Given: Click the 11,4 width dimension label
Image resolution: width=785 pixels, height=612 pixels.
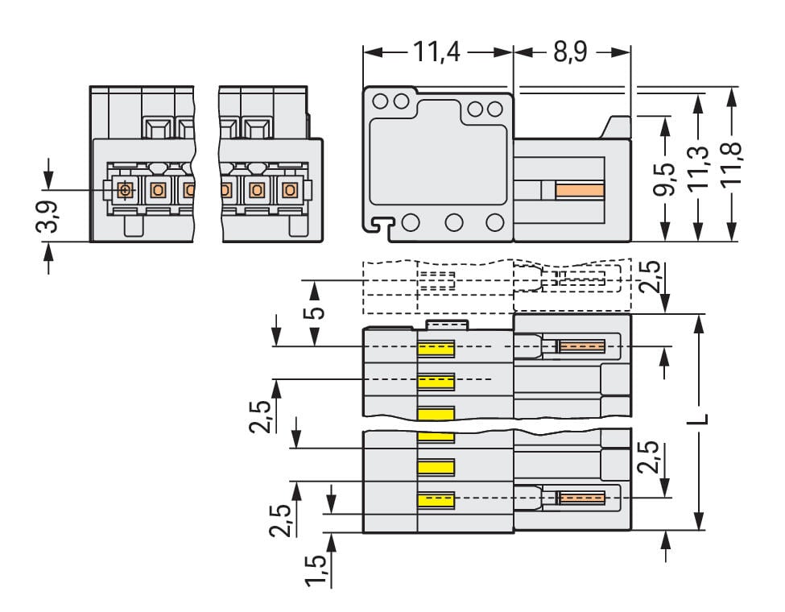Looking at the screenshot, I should pyautogui.click(x=439, y=53).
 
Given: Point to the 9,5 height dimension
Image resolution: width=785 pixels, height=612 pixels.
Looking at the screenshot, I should pyautogui.click(x=665, y=179).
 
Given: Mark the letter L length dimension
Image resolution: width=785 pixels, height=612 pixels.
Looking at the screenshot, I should pyautogui.click(x=700, y=419).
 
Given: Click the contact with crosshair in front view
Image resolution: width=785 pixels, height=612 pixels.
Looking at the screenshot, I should pyautogui.click(x=125, y=190).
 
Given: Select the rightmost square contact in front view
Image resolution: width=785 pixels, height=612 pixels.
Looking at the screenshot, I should pyautogui.click(x=289, y=190).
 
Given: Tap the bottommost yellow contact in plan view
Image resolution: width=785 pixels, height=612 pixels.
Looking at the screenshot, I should pyautogui.click(x=436, y=499).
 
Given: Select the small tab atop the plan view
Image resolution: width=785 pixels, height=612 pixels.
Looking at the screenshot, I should pyautogui.click(x=447, y=324).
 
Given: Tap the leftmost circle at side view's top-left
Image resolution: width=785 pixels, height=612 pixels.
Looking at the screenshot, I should pyautogui.click(x=380, y=101).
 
